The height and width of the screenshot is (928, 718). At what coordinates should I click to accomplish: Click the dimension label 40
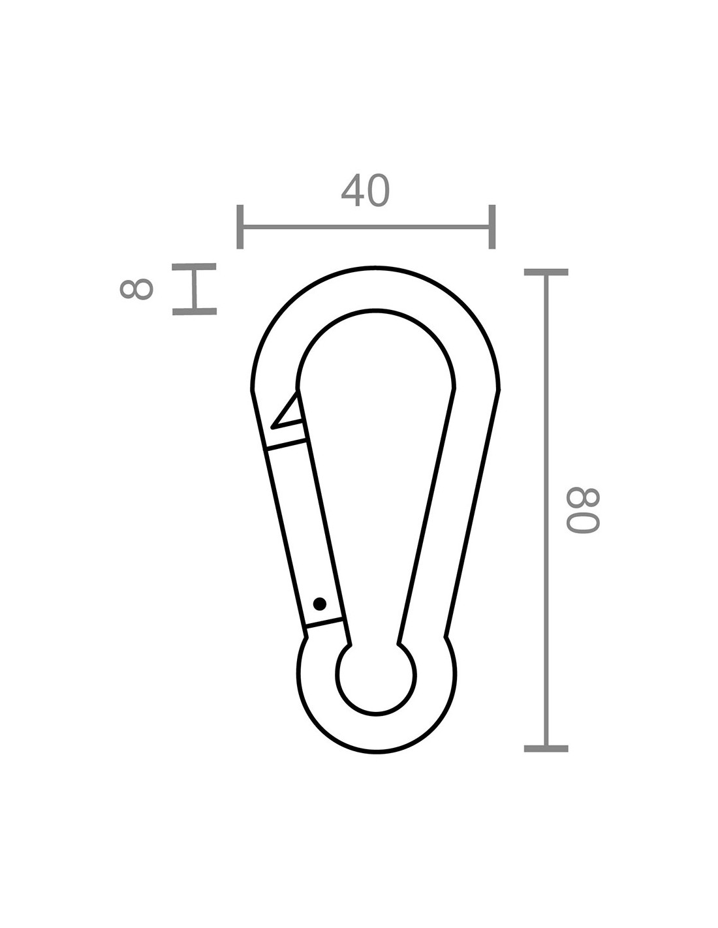tap(366, 191)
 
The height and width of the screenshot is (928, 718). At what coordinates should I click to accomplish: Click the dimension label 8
tap(136, 289)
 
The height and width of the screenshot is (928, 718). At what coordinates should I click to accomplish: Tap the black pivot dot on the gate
tap(319, 604)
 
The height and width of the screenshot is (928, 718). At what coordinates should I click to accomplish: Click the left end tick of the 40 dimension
tap(240, 226)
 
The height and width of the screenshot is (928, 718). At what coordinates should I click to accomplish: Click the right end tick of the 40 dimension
tap(492, 226)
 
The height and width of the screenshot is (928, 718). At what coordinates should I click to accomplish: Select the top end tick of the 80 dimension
tap(546, 272)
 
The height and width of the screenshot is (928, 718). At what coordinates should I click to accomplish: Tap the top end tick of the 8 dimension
tap(195, 267)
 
